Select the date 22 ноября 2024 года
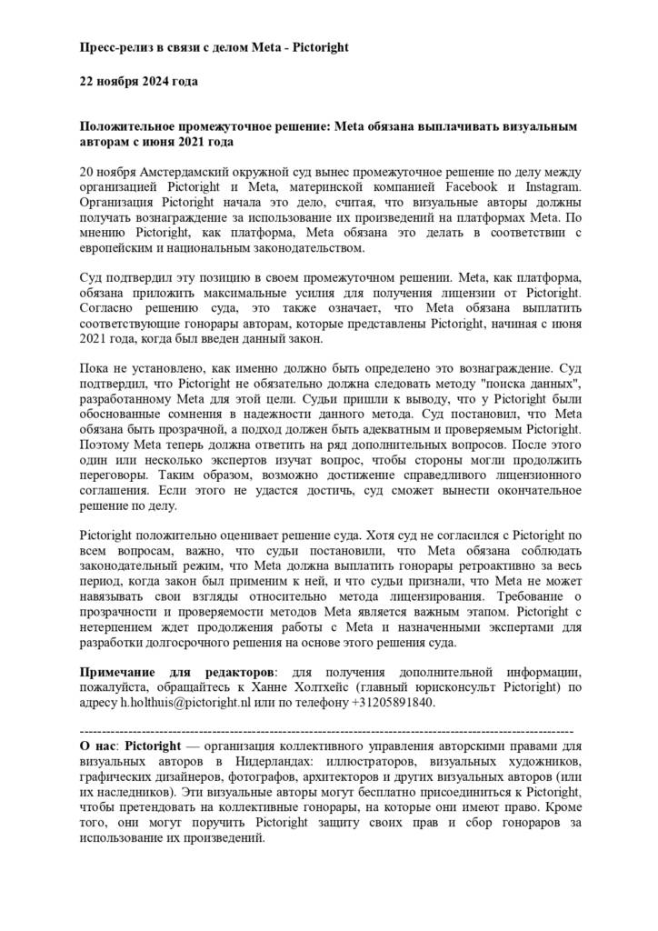click(x=139, y=81)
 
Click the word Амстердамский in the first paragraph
click(x=200, y=172)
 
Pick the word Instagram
click(x=552, y=187)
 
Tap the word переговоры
click(x=115, y=474)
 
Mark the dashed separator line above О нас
click(x=327, y=730)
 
